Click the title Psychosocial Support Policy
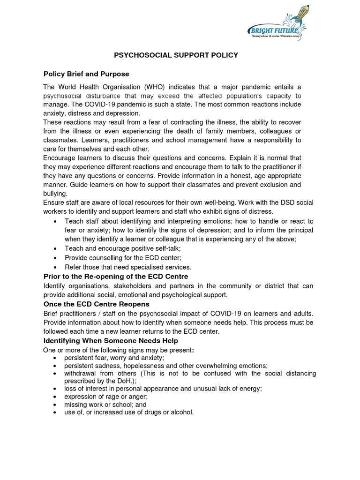click(176, 55)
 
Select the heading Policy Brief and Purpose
click(86, 74)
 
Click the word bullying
click(55, 194)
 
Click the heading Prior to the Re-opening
click(116, 277)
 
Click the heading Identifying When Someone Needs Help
click(111, 341)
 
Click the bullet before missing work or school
click(56, 405)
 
